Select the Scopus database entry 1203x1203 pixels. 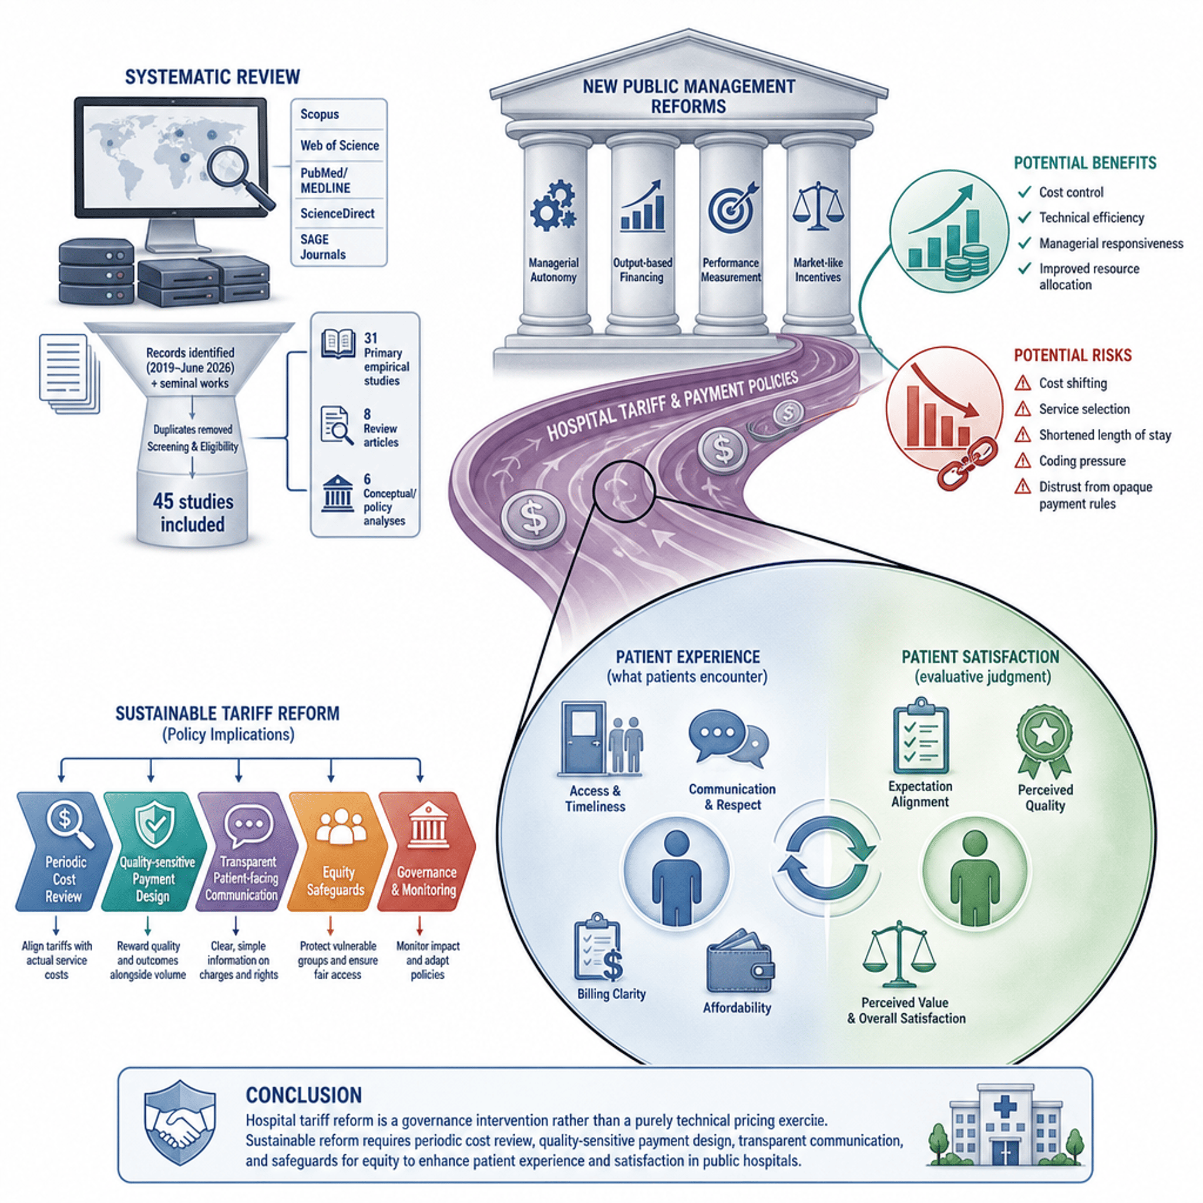coord(320,114)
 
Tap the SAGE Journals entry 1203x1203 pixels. coord(322,247)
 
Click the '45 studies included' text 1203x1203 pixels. coord(193,513)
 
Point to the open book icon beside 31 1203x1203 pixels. coord(338,344)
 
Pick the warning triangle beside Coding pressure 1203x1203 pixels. coord(1023,461)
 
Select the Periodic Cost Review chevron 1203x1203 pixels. coord(63,851)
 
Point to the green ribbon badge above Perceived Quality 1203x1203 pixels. coord(1045,741)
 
